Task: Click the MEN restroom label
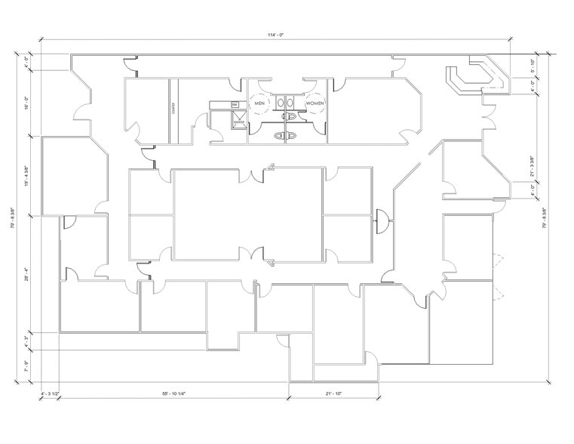(259, 103)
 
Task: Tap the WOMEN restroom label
(315, 103)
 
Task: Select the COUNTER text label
(173, 109)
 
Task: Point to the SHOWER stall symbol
(238, 121)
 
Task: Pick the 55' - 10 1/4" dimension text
(174, 393)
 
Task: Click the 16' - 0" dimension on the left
(26, 103)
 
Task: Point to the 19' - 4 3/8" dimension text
(26, 176)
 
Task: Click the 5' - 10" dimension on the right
(533, 66)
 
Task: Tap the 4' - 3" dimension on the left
(26, 342)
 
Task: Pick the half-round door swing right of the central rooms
(382, 220)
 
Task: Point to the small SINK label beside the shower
(235, 104)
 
